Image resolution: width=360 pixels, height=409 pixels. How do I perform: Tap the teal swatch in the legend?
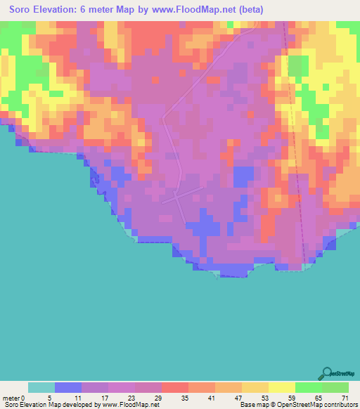pos(41,387)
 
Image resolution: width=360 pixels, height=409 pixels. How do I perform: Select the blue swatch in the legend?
pos(67,387)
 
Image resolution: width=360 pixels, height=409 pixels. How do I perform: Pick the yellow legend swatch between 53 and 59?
pos(281,387)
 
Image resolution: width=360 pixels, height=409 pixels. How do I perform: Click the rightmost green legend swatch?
pos(335,387)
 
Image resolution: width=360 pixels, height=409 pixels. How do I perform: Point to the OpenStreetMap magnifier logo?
pos(326,373)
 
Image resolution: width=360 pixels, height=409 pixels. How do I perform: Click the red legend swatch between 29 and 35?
pos(174,387)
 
